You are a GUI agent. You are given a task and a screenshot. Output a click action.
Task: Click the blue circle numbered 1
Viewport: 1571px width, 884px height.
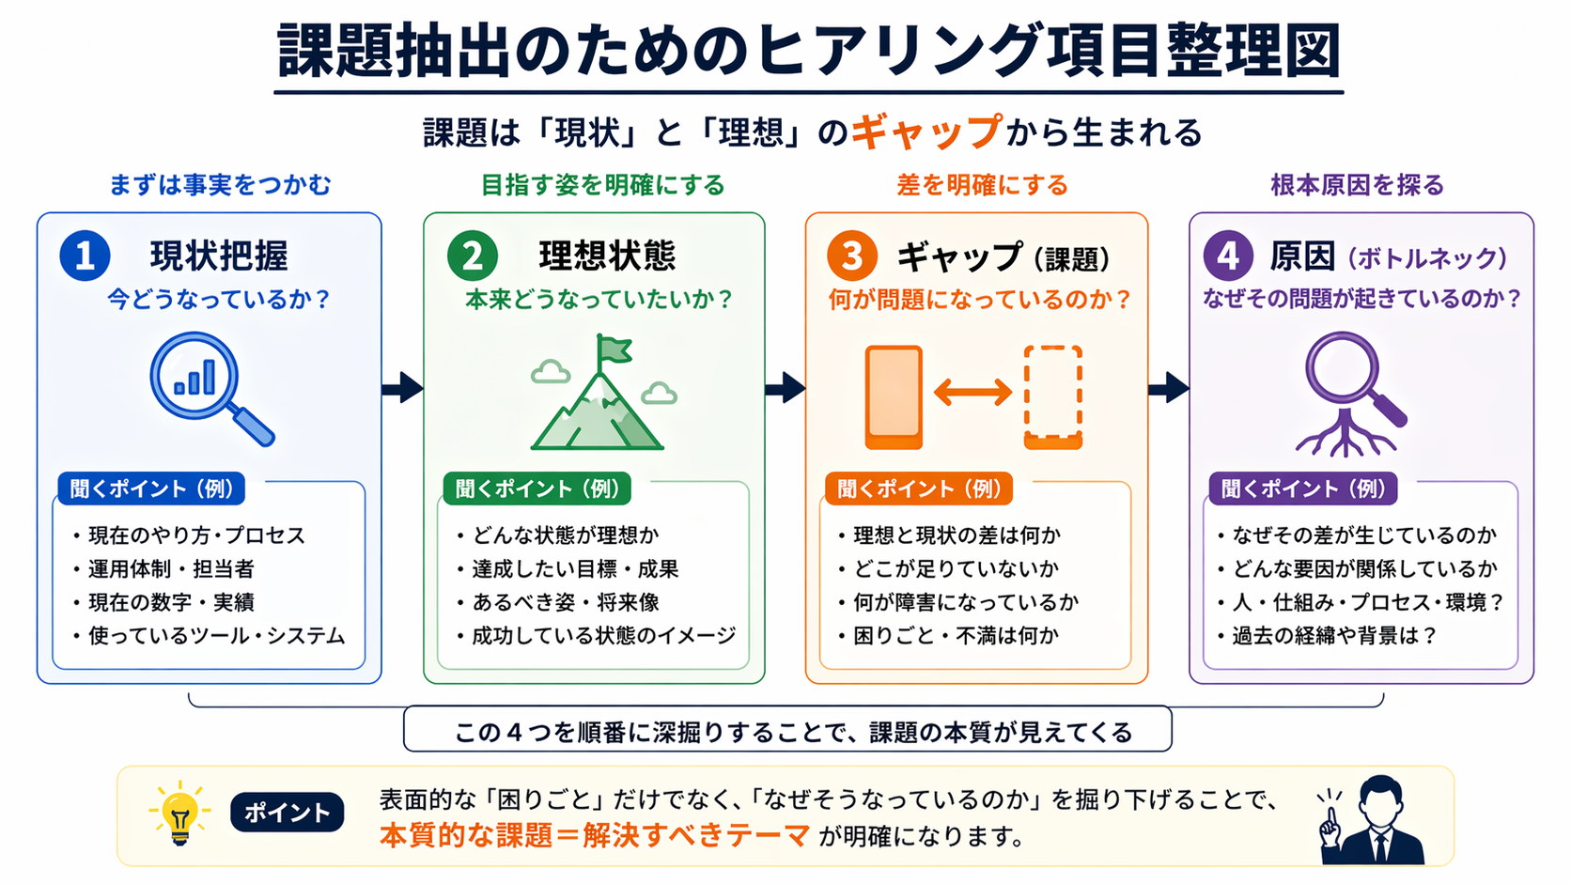[x=85, y=256]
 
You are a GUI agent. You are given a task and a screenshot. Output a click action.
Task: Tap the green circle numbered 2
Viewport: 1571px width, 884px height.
[x=472, y=256]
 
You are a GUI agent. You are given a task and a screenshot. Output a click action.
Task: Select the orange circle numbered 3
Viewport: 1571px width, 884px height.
[x=851, y=256]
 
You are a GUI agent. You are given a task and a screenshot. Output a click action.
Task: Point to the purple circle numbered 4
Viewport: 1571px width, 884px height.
[x=1227, y=256]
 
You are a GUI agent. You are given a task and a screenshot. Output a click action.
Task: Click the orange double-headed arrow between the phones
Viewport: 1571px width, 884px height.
[x=972, y=392]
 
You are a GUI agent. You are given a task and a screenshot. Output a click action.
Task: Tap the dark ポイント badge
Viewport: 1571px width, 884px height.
[x=287, y=813]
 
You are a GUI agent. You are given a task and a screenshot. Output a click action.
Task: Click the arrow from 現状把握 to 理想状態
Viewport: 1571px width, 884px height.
[x=402, y=387]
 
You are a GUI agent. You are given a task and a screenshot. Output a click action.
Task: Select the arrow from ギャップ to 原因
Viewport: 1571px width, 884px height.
[x=1168, y=387]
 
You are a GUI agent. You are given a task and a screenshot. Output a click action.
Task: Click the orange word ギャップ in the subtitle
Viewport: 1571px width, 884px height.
[x=926, y=132]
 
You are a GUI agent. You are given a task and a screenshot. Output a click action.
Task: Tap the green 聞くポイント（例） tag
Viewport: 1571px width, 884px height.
[x=537, y=489]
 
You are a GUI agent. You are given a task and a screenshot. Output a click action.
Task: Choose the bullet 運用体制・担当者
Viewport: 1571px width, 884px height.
[x=171, y=568]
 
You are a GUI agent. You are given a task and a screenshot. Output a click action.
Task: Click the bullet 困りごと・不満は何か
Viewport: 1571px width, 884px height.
[x=956, y=636]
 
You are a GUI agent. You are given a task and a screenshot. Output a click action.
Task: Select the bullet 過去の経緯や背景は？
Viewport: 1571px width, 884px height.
[x=1334, y=636]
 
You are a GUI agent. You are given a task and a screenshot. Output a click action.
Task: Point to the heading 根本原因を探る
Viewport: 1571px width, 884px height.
[x=1357, y=185]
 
